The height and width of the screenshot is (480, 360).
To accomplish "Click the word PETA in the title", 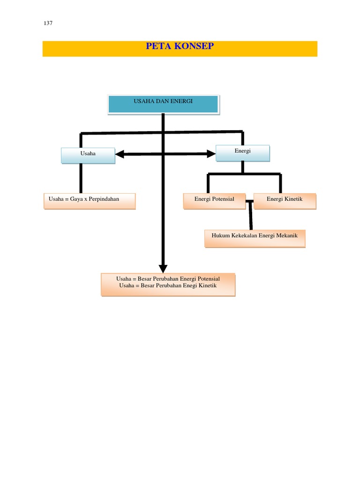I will point(157,47).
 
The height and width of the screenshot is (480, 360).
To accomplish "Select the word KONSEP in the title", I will point(192,47).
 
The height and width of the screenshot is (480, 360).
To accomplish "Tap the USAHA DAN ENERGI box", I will point(163,104).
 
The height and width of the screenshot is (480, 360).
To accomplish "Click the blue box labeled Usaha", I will point(88,156).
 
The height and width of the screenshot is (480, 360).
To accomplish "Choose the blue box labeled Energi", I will point(243,153).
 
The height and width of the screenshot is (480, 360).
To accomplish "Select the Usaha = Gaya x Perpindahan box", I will point(90,200).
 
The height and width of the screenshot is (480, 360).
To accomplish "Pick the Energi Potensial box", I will point(215,200).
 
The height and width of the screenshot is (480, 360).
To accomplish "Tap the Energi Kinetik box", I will point(285,200).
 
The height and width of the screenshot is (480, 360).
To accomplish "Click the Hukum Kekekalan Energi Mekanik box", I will point(255,238).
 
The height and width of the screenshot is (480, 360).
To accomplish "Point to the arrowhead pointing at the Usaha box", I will point(120,154).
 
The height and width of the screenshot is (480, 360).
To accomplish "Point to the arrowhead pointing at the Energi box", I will point(210,153).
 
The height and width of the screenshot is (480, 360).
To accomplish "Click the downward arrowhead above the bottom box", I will point(163,269).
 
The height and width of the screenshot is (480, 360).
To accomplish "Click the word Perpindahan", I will point(104,199).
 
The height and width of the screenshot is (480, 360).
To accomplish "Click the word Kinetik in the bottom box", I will point(207,285).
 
